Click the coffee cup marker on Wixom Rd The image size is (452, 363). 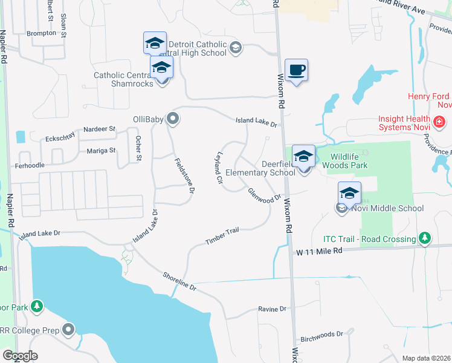[296, 71]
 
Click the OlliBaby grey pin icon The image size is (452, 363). [173, 119]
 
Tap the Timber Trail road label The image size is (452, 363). [222, 237]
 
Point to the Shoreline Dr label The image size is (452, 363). [179, 281]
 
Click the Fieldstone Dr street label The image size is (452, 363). [184, 175]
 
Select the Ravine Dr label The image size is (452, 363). [272, 309]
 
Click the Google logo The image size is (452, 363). [21, 356]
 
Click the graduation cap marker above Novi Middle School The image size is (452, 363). [349, 194]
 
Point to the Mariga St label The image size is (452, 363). [100, 150]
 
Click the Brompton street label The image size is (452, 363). [41, 33]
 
